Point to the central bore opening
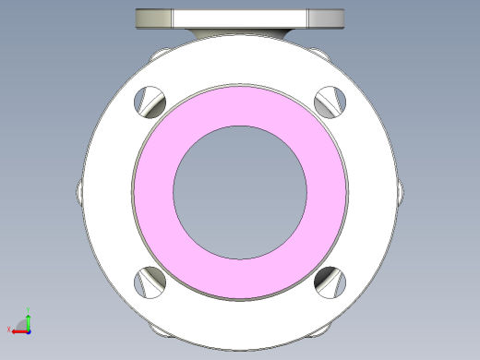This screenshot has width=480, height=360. [240, 191]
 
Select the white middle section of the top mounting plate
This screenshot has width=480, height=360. [240, 18]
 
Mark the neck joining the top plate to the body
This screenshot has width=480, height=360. [240, 34]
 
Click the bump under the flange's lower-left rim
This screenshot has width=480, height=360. [156, 328]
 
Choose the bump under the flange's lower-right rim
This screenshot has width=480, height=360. [324, 327]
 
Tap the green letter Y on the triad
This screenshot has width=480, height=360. [30, 310]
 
